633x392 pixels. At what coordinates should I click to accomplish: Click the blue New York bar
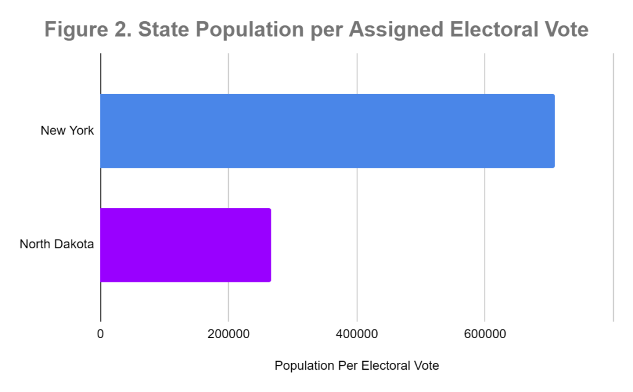[327, 131]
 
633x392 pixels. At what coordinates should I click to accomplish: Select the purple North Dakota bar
[185, 245]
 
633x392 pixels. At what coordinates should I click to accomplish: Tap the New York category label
[67, 131]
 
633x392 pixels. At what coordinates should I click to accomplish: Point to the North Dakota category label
[57, 245]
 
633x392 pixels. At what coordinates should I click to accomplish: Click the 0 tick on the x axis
[101, 334]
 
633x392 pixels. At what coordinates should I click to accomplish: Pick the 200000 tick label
[229, 334]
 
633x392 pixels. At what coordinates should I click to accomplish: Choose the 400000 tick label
[357, 334]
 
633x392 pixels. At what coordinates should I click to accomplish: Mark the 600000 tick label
[485, 334]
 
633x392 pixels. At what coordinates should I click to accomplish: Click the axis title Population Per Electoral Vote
[357, 366]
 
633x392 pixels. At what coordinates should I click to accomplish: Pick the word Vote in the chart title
[563, 30]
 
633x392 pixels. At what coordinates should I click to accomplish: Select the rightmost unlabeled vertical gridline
[613, 186]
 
